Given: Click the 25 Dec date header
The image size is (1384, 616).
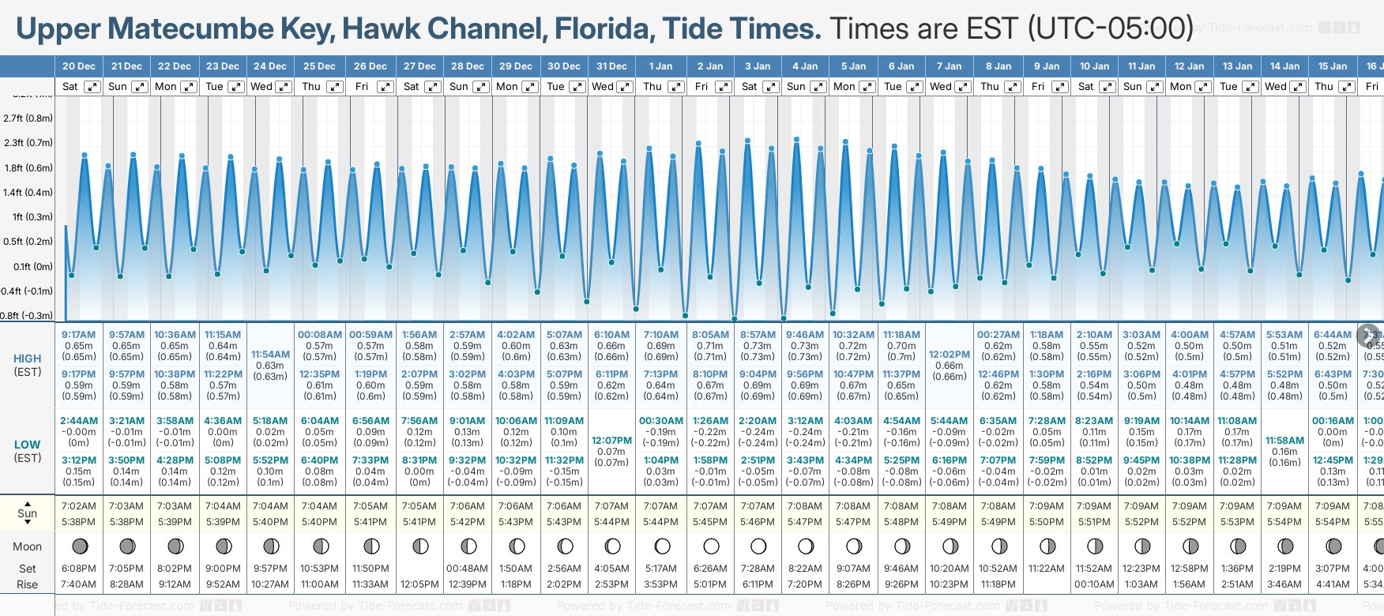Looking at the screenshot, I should [319, 66].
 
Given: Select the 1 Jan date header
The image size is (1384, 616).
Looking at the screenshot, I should [660, 66].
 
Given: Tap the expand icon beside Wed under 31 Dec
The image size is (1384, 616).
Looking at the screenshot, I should [624, 87].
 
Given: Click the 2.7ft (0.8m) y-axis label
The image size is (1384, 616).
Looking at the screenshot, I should [28, 118].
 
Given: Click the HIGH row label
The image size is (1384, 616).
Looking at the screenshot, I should [27, 359].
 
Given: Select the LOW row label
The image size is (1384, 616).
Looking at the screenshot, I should [27, 445].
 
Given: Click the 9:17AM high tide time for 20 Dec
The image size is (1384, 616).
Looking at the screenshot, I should [78, 335].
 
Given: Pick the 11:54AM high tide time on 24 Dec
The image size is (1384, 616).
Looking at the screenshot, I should [270, 355].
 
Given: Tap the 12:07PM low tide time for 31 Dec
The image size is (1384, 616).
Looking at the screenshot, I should [611, 441].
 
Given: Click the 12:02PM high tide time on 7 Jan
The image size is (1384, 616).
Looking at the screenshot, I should [949, 355].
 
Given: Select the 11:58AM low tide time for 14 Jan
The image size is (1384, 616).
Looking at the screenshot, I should [1284, 441].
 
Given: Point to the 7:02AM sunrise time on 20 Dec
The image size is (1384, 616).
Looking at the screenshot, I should [78, 506].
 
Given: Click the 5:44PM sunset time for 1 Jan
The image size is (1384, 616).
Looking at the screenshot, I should [660, 522].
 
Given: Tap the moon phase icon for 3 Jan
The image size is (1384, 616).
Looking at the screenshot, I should [758, 546].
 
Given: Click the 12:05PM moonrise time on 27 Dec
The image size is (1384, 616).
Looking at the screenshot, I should [419, 584].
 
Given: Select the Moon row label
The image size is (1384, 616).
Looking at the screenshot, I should [27, 547].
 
